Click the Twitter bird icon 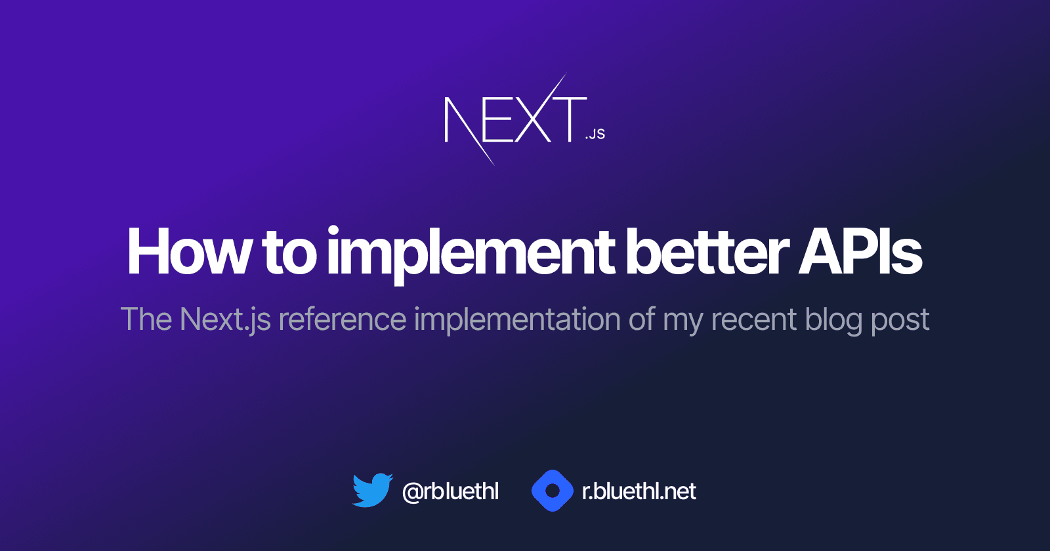[x=372, y=491]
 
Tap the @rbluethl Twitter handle [x=450, y=491]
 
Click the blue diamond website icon [x=553, y=491]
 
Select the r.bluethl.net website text [x=639, y=491]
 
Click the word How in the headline [x=189, y=253]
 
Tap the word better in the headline [x=707, y=253]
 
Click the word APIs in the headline [x=860, y=253]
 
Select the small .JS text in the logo [x=595, y=134]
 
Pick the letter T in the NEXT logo [x=569, y=119]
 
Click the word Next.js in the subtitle [x=225, y=320]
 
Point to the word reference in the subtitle [x=343, y=320]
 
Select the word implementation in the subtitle [x=517, y=320]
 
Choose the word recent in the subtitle [x=754, y=320]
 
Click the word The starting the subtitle [x=146, y=320]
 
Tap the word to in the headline [x=289, y=253]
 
